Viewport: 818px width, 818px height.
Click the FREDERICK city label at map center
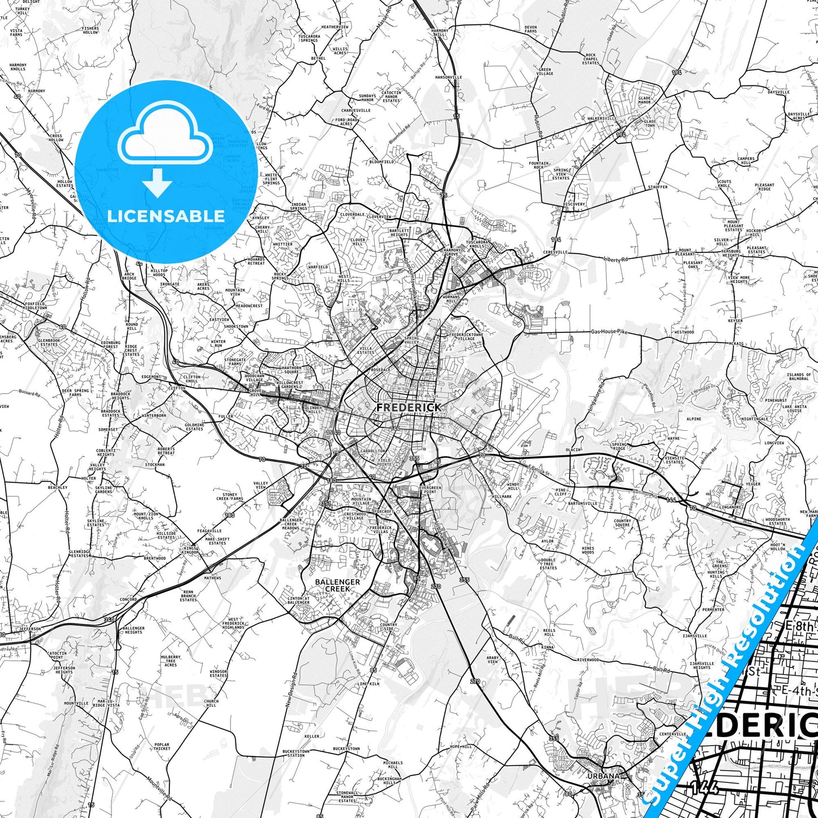(408, 407)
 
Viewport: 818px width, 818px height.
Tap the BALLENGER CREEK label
(337, 585)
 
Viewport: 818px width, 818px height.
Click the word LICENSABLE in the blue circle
(166, 216)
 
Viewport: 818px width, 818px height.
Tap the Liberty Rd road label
(616, 259)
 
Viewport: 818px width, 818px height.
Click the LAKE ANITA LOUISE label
(794, 409)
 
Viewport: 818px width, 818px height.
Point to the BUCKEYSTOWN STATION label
(296, 753)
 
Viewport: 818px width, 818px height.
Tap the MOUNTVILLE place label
(76, 703)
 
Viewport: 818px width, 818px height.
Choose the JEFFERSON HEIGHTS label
(64, 670)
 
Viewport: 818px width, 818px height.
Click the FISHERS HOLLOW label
(90, 30)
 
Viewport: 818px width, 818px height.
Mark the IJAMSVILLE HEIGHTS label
(701, 665)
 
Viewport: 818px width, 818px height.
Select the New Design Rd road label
(289, 689)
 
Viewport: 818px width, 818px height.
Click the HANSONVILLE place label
(448, 77)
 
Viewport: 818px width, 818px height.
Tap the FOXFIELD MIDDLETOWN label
(36, 306)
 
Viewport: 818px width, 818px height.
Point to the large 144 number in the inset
(704, 787)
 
